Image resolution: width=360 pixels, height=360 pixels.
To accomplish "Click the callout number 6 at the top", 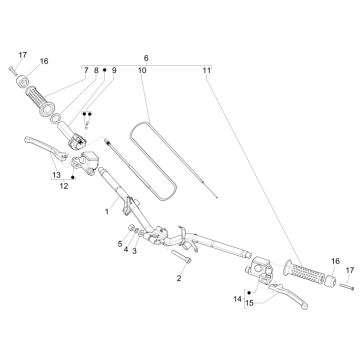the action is point(146,58).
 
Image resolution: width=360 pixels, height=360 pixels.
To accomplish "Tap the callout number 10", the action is point(142,70).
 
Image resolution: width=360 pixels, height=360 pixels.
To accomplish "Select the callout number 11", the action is point(207,70).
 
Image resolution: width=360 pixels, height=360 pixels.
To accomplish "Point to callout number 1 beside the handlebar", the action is point(107,212).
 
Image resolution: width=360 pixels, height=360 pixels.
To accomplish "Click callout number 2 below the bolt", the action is point(179,278).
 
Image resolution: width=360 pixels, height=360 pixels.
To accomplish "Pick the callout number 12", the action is point(64,186).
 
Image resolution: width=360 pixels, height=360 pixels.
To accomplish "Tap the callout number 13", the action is point(56,175).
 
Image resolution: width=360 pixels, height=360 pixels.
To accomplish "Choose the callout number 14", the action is point(237,299).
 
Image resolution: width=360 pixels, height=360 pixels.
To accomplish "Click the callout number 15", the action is point(249,303).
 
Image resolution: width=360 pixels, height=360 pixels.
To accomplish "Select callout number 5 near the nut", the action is point(120,244).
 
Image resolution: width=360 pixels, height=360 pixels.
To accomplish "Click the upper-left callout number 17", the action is point(23,55).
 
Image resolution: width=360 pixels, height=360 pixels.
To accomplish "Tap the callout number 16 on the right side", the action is point(335,261).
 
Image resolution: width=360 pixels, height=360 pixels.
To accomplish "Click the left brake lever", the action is point(46,147).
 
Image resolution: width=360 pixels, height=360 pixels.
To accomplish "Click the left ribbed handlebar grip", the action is point(39,100).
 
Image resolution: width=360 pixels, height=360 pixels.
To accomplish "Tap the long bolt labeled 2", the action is point(181,256).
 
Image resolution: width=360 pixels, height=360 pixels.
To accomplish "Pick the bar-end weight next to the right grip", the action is point(330,280).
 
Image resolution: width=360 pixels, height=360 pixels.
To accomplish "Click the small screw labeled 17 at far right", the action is point(347,286).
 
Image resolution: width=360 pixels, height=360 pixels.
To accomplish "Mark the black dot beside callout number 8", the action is point(104,70).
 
